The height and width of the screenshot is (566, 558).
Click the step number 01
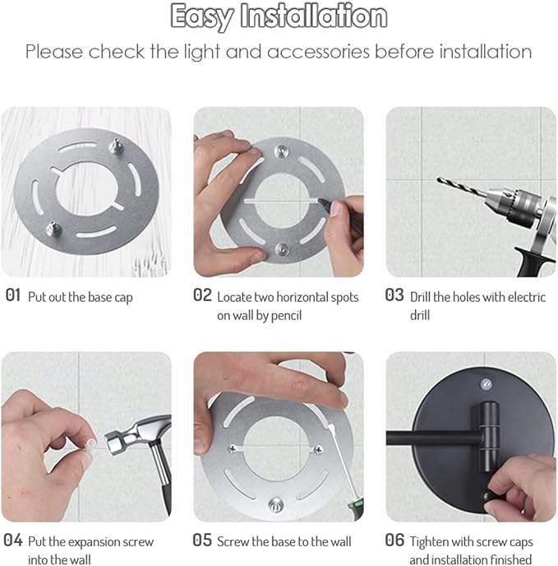(13, 295)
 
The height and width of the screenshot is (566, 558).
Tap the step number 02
(203, 295)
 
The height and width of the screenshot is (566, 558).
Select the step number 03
(394, 295)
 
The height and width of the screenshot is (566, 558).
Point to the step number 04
(13, 540)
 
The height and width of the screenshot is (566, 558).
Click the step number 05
(203, 540)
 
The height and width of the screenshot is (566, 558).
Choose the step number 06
(394, 540)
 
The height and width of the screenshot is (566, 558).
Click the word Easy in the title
(202, 16)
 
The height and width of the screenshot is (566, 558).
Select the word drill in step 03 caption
(421, 316)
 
